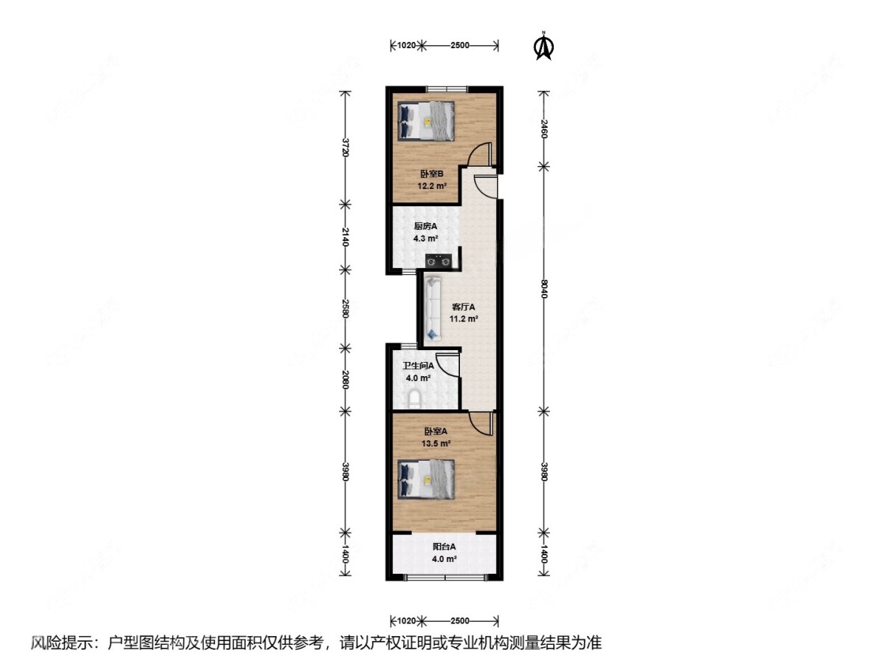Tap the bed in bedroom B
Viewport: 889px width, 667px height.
pos(427,121)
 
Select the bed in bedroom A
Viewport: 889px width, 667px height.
pos(427,479)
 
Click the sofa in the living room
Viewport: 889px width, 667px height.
pos(433,308)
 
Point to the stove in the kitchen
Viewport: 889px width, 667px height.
pos(439,261)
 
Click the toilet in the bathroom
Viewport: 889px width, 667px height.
pos(414,398)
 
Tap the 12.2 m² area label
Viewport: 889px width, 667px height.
pos(432,186)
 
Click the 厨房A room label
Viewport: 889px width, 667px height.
pos(426,226)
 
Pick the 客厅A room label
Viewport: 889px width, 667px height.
pos(464,307)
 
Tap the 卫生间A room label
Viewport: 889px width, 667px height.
pos(418,366)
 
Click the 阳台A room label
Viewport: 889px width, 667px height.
pos(444,548)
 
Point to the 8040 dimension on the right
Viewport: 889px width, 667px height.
pos(544,288)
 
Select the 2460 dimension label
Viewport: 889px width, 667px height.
pos(544,129)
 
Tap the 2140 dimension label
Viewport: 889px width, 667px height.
pos(345,236)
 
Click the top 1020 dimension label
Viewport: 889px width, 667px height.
pos(406,45)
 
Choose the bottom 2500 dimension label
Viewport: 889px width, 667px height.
pos(460,620)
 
